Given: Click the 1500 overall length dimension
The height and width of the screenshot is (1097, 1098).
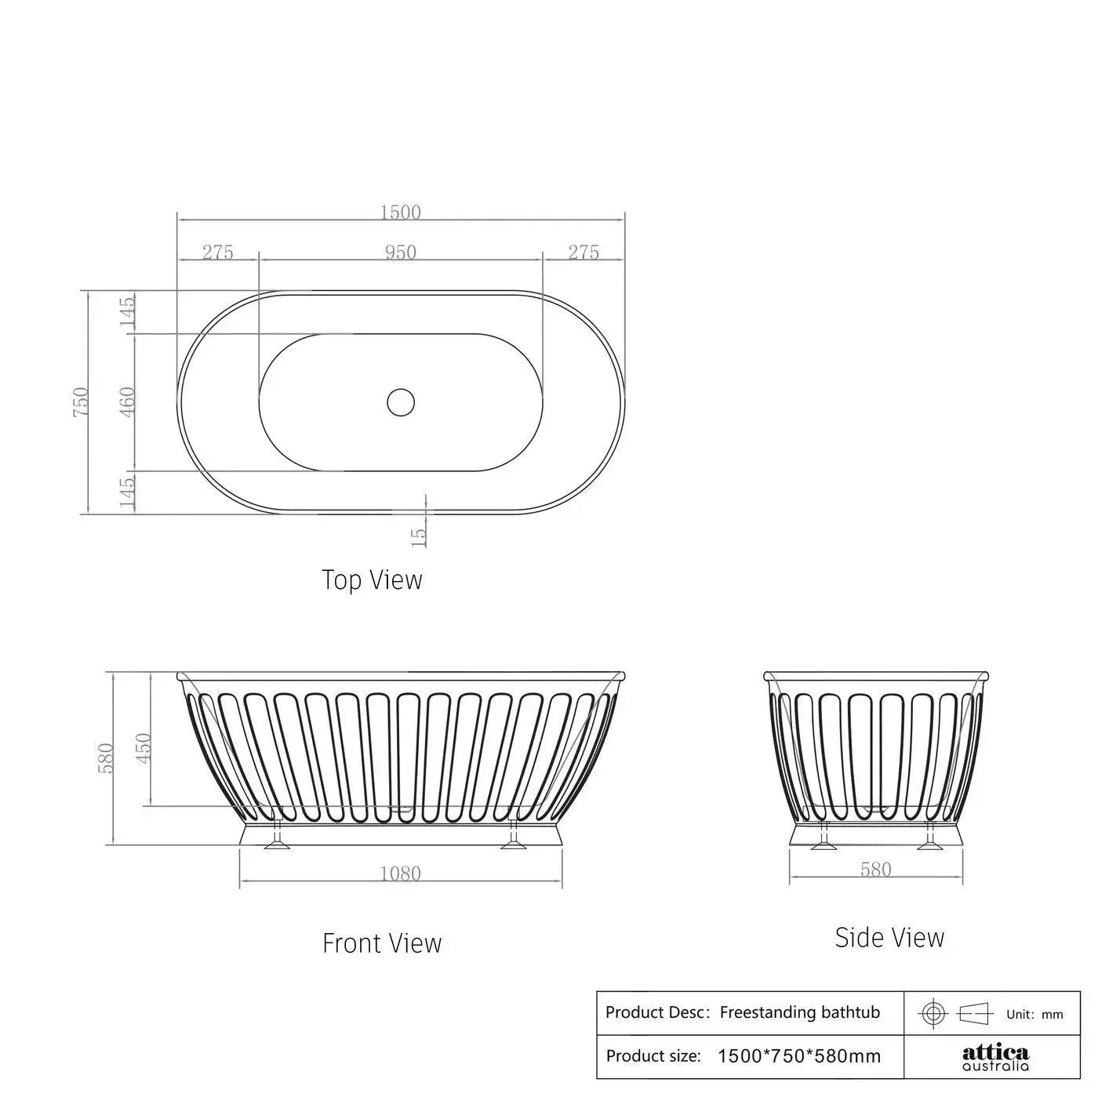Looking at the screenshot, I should click(x=401, y=212).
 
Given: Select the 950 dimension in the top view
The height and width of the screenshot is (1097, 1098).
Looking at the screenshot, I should click(x=401, y=252).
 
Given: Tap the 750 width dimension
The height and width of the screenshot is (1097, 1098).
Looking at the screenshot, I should click(x=82, y=401).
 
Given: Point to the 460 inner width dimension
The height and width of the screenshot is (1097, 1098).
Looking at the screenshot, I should click(x=129, y=401).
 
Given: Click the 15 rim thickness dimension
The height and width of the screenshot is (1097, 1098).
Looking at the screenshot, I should click(x=419, y=536).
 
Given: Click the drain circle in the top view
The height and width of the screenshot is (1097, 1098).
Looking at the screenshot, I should click(x=401, y=401).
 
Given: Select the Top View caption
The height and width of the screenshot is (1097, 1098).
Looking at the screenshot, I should click(x=372, y=580).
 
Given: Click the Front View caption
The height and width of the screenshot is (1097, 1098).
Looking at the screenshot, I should click(x=382, y=943).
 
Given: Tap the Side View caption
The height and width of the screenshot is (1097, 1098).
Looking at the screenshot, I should click(x=889, y=937).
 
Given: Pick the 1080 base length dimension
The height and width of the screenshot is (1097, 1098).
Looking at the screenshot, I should click(x=401, y=874).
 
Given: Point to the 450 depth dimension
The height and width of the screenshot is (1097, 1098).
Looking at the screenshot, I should click(x=144, y=749).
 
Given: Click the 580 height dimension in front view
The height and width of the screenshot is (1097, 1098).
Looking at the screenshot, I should click(x=107, y=758).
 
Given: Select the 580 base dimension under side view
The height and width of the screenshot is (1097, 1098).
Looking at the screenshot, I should click(x=875, y=870).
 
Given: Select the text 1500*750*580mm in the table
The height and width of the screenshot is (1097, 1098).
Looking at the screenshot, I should click(x=799, y=1056).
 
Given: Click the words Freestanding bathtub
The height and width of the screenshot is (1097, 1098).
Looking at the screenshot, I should click(x=799, y=1012).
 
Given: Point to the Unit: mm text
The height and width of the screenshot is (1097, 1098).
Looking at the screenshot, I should click(x=1034, y=1015).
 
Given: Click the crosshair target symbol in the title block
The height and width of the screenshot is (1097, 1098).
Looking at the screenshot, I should click(x=933, y=1013).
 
